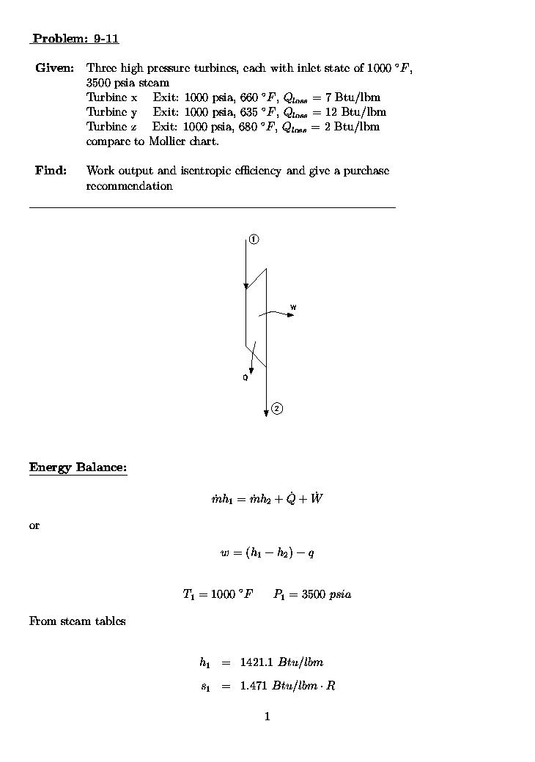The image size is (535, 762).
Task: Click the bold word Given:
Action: [54, 68]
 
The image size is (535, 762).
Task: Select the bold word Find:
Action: [51, 171]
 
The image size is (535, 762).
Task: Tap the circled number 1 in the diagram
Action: [254, 240]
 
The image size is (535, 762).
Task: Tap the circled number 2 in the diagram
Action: [277, 408]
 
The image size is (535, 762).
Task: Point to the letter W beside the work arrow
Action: [293, 307]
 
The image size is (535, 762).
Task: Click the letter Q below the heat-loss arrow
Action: [246, 378]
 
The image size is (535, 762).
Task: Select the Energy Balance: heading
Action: [78, 467]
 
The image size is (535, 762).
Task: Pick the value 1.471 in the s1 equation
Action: [254, 687]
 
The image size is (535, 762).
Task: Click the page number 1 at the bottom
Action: [267, 717]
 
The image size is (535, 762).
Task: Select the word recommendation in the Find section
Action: [130, 186]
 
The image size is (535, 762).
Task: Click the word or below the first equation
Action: [34, 526]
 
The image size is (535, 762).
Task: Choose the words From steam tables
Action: [77, 621]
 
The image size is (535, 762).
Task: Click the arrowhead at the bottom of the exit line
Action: [266, 414]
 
